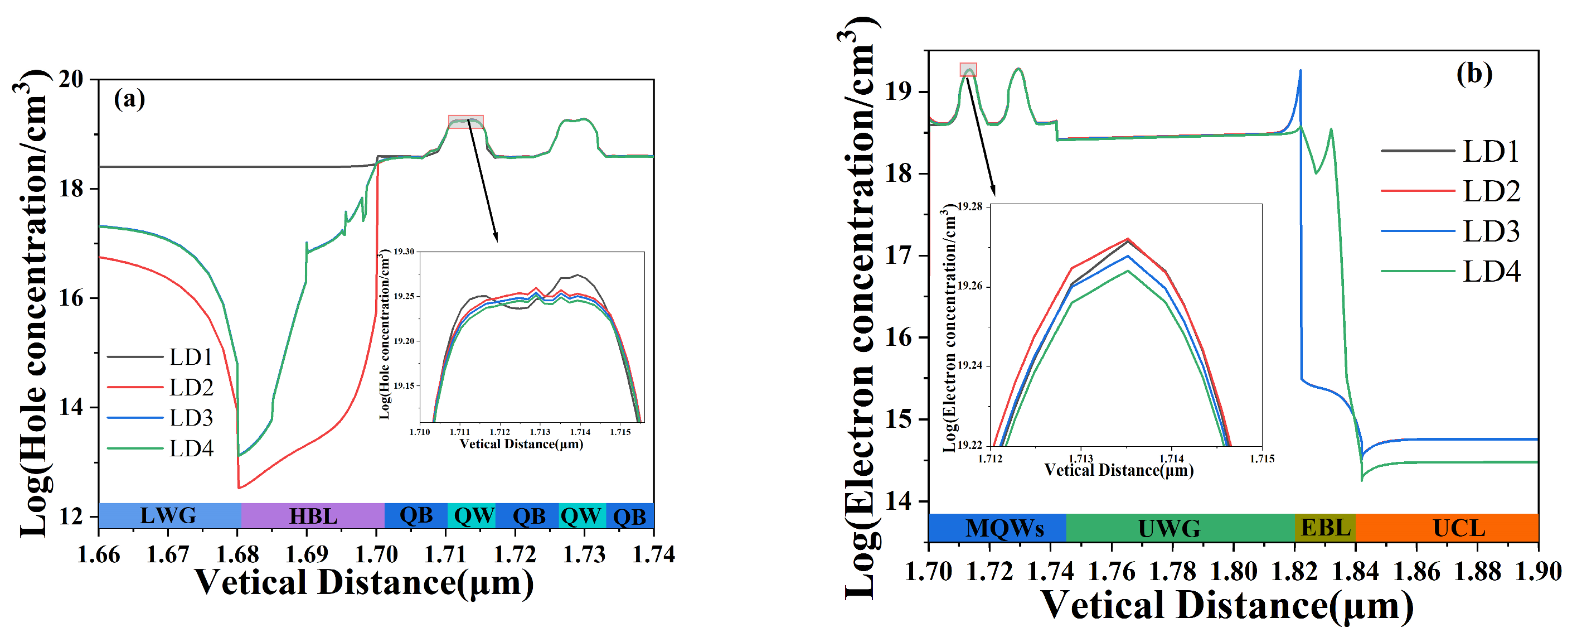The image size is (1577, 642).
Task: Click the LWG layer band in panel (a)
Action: pyautogui.click(x=169, y=516)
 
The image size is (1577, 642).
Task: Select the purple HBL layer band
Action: pyautogui.click(x=313, y=516)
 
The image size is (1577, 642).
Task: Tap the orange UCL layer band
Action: pyautogui.click(x=1458, y=528)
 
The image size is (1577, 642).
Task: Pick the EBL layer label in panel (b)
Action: pyautogui.click(x=1325, y=528)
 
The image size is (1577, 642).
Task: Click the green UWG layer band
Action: pyautogui.click(x=1170, y=528)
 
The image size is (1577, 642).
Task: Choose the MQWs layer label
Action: pyautogui.click(x=1004, y=528)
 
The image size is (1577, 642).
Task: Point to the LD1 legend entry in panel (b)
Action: pyautogui.click(x=1491, y=151)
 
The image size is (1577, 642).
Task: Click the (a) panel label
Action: pyautogui.click(x=129, y=99)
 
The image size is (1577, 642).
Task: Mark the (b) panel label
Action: pyautogui.click(x=1474, y=74)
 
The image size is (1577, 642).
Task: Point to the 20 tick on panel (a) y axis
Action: pyautogui.click(x=71, y=79)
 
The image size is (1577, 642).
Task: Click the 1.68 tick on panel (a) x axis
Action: pyautogui.click(x=237, y=554)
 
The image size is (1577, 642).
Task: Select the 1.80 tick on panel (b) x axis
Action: pyautogui.click(x=1233, y=572)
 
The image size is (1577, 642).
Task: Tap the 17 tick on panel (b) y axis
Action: pyautogui.click(x=898, y=255)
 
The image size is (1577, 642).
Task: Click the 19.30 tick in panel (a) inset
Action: pyautogui.click(x=404, y=252)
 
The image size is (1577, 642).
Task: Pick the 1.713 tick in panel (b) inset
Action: pyautogui.click(x=1080, y=459)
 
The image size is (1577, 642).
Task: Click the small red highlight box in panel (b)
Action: pyautogui.click(x=968, y=69)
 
